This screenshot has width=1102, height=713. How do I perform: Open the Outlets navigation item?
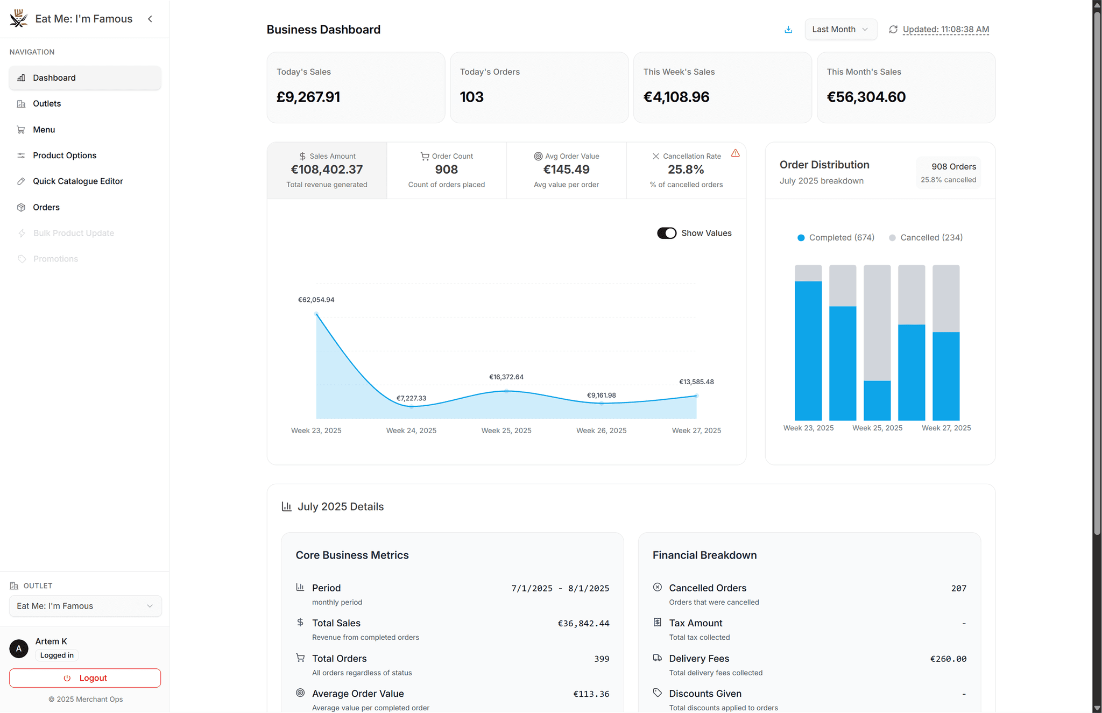(x=47, y=103)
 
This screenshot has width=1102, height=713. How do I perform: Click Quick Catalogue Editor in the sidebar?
(x=77, y=181)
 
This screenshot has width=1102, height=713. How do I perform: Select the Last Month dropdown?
(x=840, y=30)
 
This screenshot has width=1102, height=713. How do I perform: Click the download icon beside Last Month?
(x=788, y=30)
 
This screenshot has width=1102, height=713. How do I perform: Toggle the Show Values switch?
(x=666, y=233)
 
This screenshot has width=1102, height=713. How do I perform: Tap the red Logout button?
(x=85, y=678)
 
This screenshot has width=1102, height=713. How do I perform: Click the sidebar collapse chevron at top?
(x=150, y=19)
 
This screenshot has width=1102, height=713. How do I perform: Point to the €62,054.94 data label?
(x=316, y=300)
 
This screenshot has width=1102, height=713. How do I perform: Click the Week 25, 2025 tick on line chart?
(x=506, y=430)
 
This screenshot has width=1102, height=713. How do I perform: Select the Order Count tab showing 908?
(x=446, y=170)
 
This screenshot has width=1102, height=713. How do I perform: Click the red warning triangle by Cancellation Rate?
(x=735, y=153)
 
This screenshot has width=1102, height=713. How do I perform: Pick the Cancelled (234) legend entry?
(x=926, y=237)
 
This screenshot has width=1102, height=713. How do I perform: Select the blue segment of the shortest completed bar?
(x=877, y=400)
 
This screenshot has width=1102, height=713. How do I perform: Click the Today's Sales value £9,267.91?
(x=308, y=97)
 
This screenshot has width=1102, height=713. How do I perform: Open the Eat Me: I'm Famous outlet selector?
(x=85, y=606)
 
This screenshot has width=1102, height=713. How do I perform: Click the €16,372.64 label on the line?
(x=506, y=377)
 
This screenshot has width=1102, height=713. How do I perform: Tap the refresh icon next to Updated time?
(x=893, y=30)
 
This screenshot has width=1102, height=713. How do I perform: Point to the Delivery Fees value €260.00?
(x=948, y=659)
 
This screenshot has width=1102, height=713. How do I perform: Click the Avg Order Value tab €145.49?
(x=566, y=170)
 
